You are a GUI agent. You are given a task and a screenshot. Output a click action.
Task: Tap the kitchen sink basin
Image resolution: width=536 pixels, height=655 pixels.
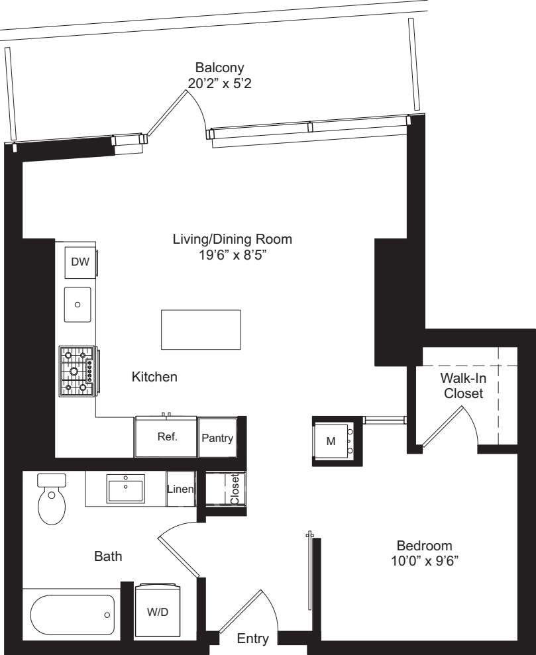[78, 305]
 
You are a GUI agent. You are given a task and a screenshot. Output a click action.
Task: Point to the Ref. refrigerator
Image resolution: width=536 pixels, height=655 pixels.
[166, 438]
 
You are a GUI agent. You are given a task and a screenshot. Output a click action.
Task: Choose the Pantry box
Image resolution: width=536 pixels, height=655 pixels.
[217, 438]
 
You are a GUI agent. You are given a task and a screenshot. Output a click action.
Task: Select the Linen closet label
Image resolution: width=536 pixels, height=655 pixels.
[180, 490]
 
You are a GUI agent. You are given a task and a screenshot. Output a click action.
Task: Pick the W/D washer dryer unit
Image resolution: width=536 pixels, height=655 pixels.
[157, 612]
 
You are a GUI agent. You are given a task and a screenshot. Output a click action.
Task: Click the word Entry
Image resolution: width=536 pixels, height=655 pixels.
[253, 639]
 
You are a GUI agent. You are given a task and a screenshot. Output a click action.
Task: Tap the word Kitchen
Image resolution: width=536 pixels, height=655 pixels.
[154, 377]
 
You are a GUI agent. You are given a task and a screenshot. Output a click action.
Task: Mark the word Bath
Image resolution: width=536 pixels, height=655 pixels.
[108, 558]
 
